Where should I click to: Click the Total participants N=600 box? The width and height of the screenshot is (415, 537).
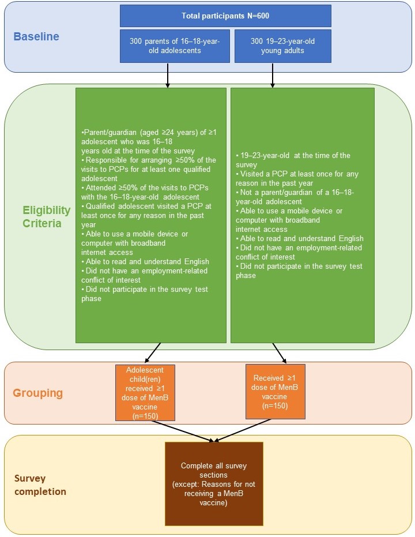(x=225, y=16)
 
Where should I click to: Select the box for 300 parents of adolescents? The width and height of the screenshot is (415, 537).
(x=175, y=46)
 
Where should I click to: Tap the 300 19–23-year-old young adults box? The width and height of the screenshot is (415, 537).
(x=282, y=46)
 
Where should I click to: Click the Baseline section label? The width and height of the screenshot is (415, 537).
(x=36, y=37)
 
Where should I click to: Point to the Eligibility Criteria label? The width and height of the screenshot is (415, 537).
(x=47, y=216)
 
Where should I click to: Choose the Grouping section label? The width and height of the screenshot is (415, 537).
(x=37, y=393)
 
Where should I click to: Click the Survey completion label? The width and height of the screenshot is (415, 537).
(x=40, y=485)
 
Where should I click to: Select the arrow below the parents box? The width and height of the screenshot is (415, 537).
(x=168, y=76)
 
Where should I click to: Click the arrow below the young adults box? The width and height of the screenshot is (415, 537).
(x=272, y=76)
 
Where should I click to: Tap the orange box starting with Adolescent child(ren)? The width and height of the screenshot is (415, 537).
(x=145, y=393)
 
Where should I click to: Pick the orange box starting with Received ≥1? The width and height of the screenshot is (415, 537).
(x=276, y=392)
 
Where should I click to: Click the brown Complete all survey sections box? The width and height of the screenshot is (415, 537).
(x=214, y=483)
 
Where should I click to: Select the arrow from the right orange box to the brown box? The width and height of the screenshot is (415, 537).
(x=243, y=430)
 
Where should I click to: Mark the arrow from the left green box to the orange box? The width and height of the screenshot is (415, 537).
(x=153, y=352)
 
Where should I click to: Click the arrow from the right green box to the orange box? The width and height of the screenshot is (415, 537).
(x=279, y=353)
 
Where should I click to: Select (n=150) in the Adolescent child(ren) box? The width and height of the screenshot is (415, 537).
(x=145, y=416)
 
